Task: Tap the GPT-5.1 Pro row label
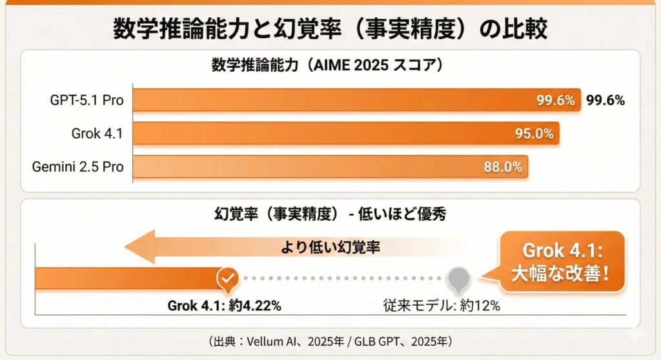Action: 86,101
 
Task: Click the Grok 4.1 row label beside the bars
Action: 97,134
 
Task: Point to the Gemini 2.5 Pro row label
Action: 78,167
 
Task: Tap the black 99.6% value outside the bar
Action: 605,101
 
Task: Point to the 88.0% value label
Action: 502,167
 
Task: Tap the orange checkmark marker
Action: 227,279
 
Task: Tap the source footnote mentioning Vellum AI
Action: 330,341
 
